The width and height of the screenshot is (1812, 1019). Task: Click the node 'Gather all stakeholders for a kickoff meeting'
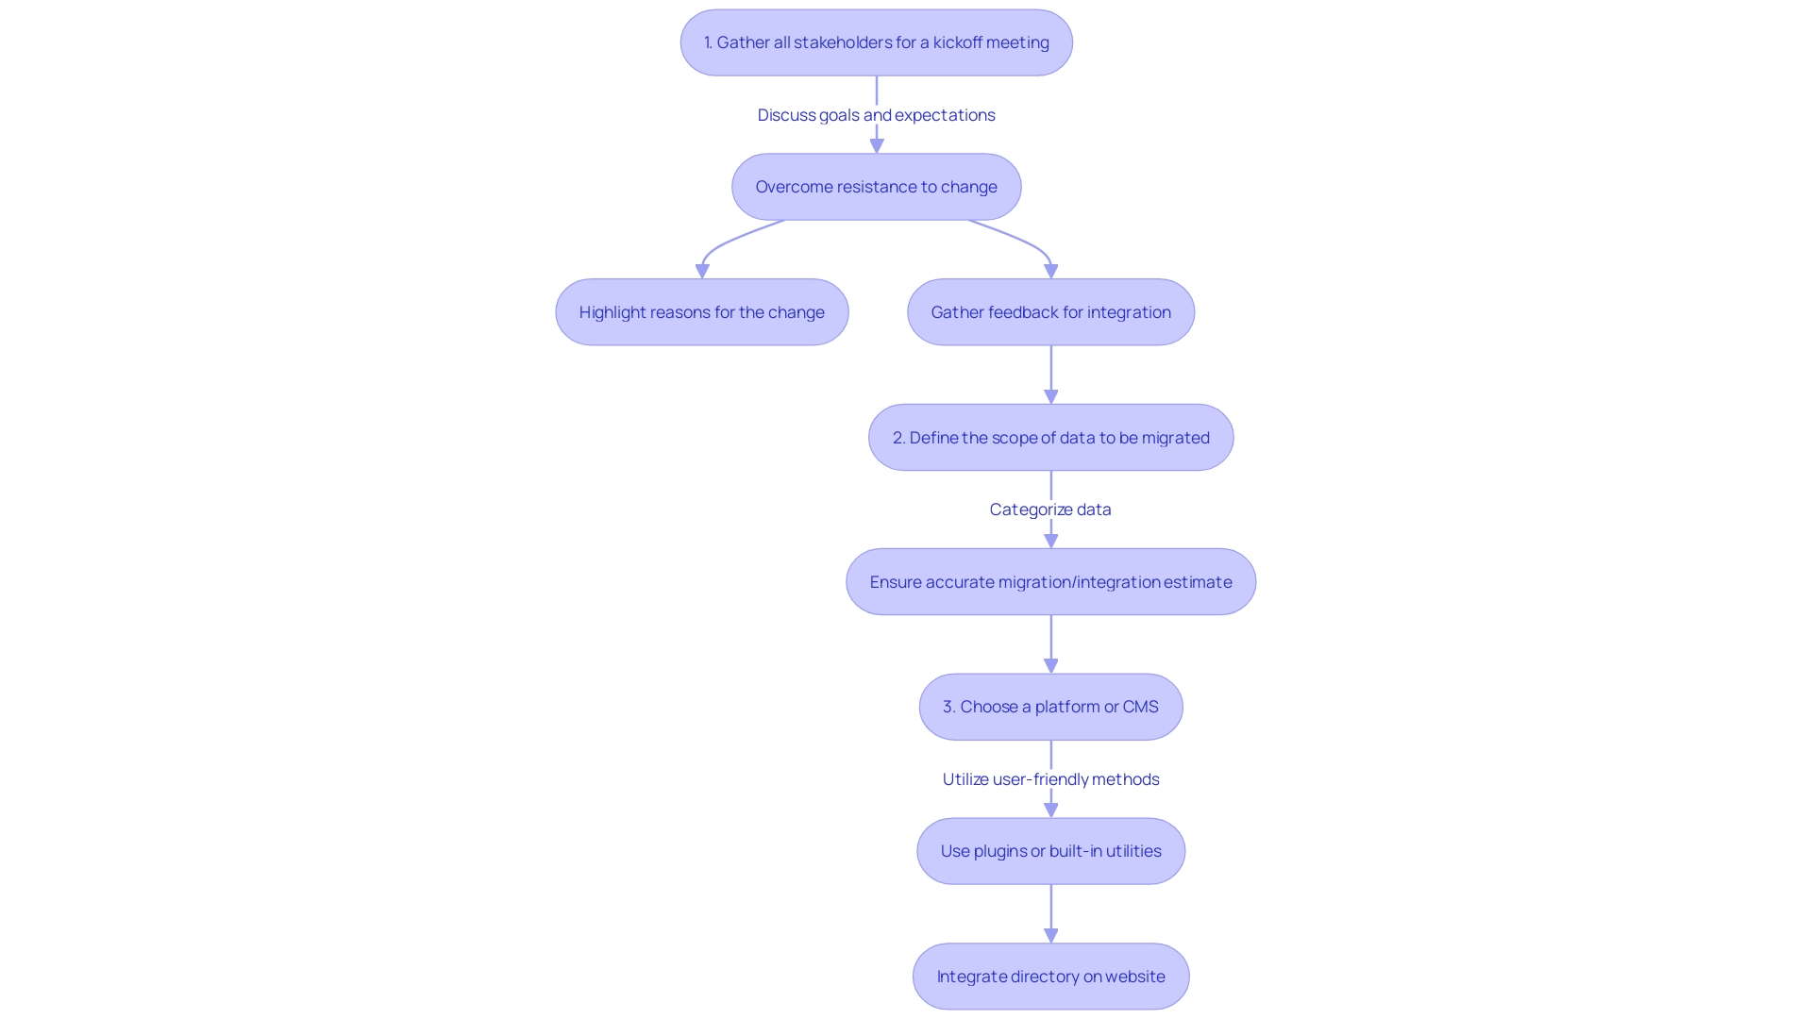(876, 42)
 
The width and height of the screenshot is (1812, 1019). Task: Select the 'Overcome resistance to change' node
(876, 187)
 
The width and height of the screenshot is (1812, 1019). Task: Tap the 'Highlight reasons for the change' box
(701, 312)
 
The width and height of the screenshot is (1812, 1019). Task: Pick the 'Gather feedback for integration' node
(1050, 312)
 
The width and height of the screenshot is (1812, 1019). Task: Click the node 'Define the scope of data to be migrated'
(1050, 438)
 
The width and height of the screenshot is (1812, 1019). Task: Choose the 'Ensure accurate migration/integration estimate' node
(1050, 582)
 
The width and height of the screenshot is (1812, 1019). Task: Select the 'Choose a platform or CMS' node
(1050, 707)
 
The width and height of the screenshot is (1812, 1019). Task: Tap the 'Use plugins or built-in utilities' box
(1050, 851)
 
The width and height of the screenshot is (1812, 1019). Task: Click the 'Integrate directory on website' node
(1050, 977)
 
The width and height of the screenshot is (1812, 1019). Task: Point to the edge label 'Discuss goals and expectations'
(876, 115)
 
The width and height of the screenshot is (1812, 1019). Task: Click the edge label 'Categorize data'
(1050, 509)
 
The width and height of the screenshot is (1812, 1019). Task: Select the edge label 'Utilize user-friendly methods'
(1050, 779)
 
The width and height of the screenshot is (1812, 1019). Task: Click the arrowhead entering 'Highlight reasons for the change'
(702, 272)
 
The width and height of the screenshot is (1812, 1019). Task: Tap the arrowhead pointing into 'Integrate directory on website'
(1050, 936)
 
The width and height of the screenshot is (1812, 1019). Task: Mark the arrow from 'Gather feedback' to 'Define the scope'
(1050, 373)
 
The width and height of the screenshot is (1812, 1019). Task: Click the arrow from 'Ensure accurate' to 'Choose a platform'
(1050, 643)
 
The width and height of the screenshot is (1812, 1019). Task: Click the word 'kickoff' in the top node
(957, 42)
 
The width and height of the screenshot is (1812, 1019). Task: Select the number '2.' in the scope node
(898, 438)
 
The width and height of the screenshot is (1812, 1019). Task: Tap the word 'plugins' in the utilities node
(999, 851)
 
